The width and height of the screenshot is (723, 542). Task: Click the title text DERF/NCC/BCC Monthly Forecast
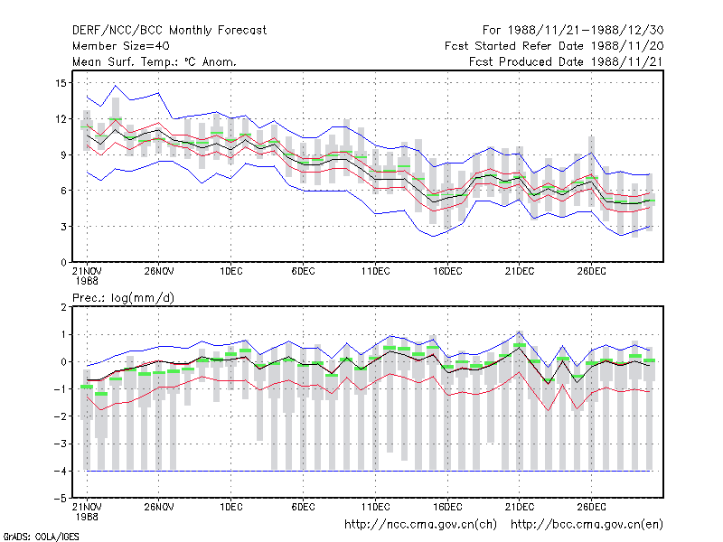point(169,31)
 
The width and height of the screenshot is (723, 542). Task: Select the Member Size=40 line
point(121,46)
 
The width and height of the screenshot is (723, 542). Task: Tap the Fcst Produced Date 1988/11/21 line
point(566,61)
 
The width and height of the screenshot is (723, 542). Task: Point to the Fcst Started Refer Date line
point(554,46)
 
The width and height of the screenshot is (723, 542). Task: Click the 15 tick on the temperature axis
point(61,83)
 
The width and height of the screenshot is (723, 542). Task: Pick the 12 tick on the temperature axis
point(61,119)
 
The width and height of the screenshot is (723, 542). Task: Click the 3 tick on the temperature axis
point(63,227)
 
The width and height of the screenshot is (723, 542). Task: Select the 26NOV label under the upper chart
point(159,271)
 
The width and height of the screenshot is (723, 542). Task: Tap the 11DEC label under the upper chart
point(375,271)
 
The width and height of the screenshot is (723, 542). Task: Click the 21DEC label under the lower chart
point(519,507)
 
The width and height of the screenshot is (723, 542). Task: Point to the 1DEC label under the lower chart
point(231,507)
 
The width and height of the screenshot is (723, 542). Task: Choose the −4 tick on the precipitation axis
point(61,471)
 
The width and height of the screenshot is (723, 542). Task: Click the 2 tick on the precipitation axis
point(63,307)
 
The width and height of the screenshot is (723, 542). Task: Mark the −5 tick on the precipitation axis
point(61,499)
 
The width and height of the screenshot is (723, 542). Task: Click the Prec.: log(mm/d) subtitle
point(123,298)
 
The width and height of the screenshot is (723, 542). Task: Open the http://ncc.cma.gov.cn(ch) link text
point(420,525)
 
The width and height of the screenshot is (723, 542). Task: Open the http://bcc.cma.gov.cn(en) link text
point(587,525)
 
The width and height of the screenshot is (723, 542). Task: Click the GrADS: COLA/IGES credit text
point(41,537)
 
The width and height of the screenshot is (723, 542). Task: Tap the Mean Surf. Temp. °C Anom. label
point(155,61)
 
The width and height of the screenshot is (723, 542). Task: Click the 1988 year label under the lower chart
point(87,517)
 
